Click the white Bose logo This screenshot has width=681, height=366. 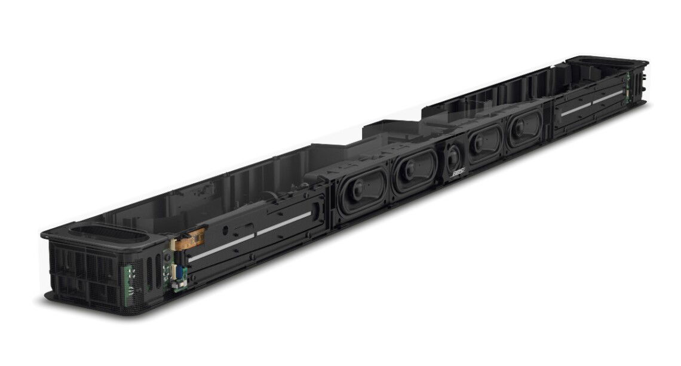pyautogui.click(x=458, y=173)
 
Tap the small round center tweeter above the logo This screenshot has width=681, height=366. pyautogui.click(x=453, y=157)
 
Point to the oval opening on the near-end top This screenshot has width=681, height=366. pyautogui.click(x=108, y=233)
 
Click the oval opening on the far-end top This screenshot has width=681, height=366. pyautogui.click(x=606, y=61)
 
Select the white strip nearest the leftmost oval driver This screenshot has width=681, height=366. pyautogui.click(x=284, y=223)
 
